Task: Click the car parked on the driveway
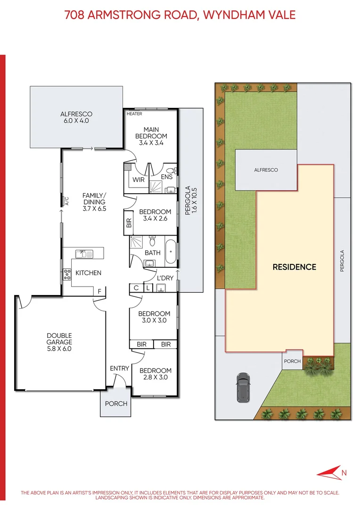243,387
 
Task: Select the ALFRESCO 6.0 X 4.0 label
76,117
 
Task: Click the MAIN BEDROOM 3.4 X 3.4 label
151,136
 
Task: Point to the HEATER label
134,114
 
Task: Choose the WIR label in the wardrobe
138,180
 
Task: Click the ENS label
166,177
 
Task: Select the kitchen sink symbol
85,254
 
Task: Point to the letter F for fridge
99,292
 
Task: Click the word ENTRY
119,368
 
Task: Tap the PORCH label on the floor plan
116,403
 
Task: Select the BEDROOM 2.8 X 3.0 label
155,374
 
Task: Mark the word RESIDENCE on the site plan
294,267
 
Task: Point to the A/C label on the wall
67,202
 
